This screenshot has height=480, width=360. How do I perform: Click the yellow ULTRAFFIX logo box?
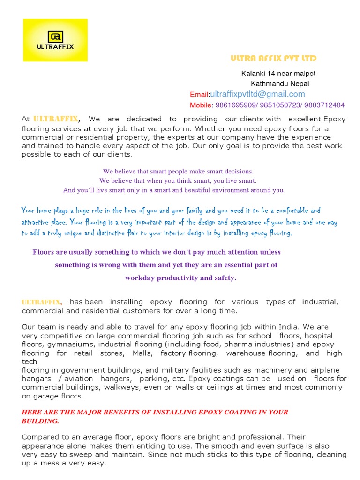tap(55, 40)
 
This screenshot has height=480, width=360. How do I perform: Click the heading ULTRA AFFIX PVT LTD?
tap(273, 59)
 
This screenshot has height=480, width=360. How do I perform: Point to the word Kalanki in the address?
tap(253, 74)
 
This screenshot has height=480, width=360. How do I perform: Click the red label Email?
tap(200, 95)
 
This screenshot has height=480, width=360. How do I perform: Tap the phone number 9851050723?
tap(278, 105)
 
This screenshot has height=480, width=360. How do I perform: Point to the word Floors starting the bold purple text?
tap(43, 252)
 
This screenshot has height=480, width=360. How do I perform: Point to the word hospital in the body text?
tap(318, 336)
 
